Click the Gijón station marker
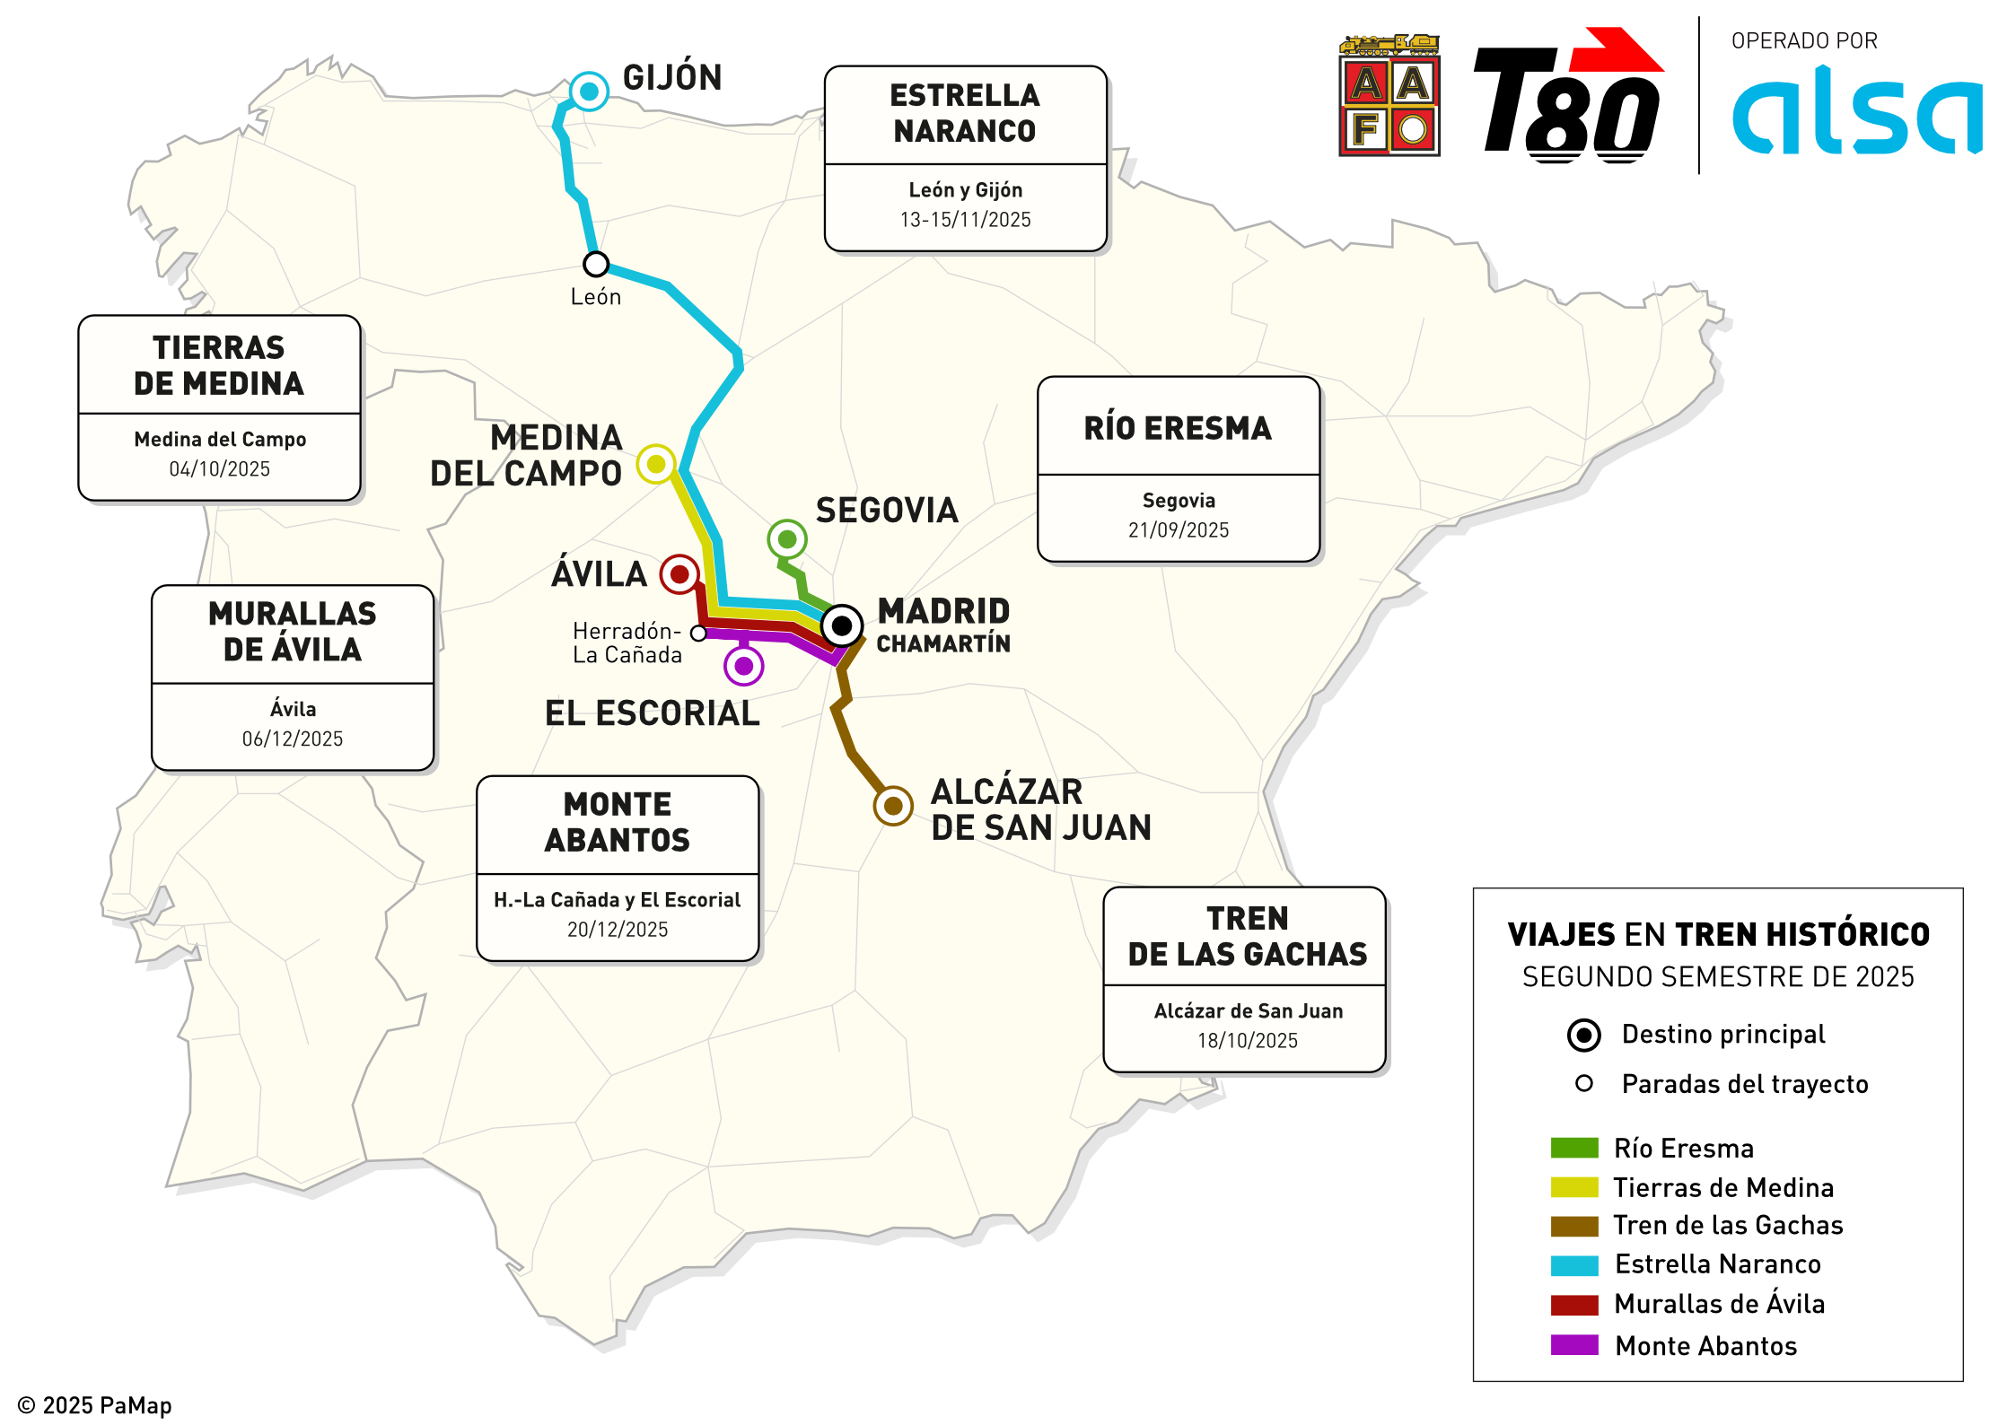point(589,92)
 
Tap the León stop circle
point(596,265)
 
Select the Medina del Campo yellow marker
point(656,464)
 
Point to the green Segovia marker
point(787,539)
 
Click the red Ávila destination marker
point(679,574)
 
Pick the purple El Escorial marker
point(744,666)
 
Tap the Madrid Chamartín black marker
point(842,625)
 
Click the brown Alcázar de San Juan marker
point(893,806)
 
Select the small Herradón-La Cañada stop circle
point(698,634)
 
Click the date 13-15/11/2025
point(965,220)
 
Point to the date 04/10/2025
point(219,469)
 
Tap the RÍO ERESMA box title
point(1178,429)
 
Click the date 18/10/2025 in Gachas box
point(1247,1041)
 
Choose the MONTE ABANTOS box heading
point(618,822)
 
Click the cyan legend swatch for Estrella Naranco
point(1574,1265)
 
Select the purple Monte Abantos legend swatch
point(1574,1345)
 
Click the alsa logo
point(1855,112)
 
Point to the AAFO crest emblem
point(1389,97)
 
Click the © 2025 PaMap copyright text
point(95,1405)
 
